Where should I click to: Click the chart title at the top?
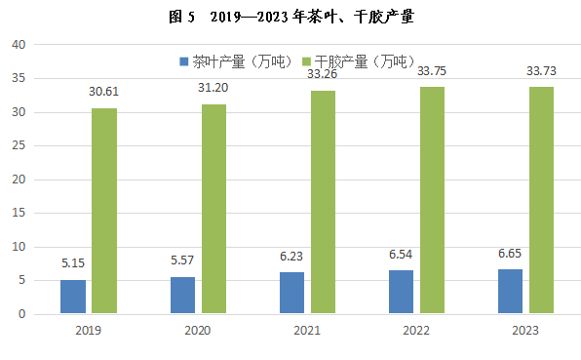click(291, 17)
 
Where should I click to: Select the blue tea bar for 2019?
click(73, 297)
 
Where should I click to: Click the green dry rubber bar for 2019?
click(104, 211)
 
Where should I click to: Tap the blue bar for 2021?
click(291, 293)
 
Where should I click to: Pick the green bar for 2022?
click(432, 200)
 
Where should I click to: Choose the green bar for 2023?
click(541, 200)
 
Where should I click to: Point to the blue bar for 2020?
click(182, 295)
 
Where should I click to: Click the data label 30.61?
click(103, 91)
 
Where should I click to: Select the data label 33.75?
click(432, 71)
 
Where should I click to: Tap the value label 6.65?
click(510, 254)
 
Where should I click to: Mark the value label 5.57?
click(182, 260)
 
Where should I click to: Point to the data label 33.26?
click(322, 74)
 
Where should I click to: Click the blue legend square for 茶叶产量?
click(184, 61)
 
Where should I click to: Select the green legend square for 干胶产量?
click(306, 61)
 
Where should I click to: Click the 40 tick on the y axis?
click(19, 45)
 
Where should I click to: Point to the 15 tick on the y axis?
click(19, 213)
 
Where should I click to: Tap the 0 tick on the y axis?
click(22, 314)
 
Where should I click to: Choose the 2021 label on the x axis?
click(307, 330)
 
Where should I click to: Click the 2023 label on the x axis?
click(525, 330)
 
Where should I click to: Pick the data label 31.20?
click(213, 88)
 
